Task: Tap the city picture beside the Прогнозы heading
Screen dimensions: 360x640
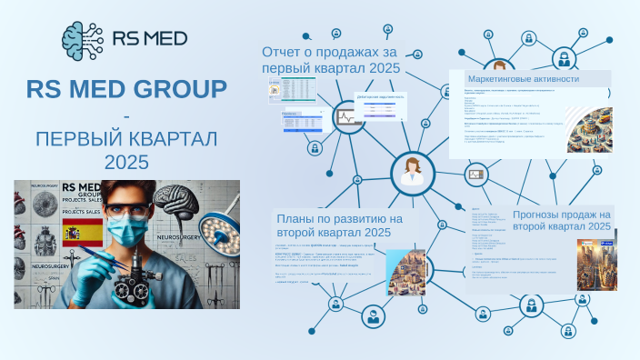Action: [598, 263]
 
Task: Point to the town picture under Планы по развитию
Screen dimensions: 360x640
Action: [406, 270]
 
